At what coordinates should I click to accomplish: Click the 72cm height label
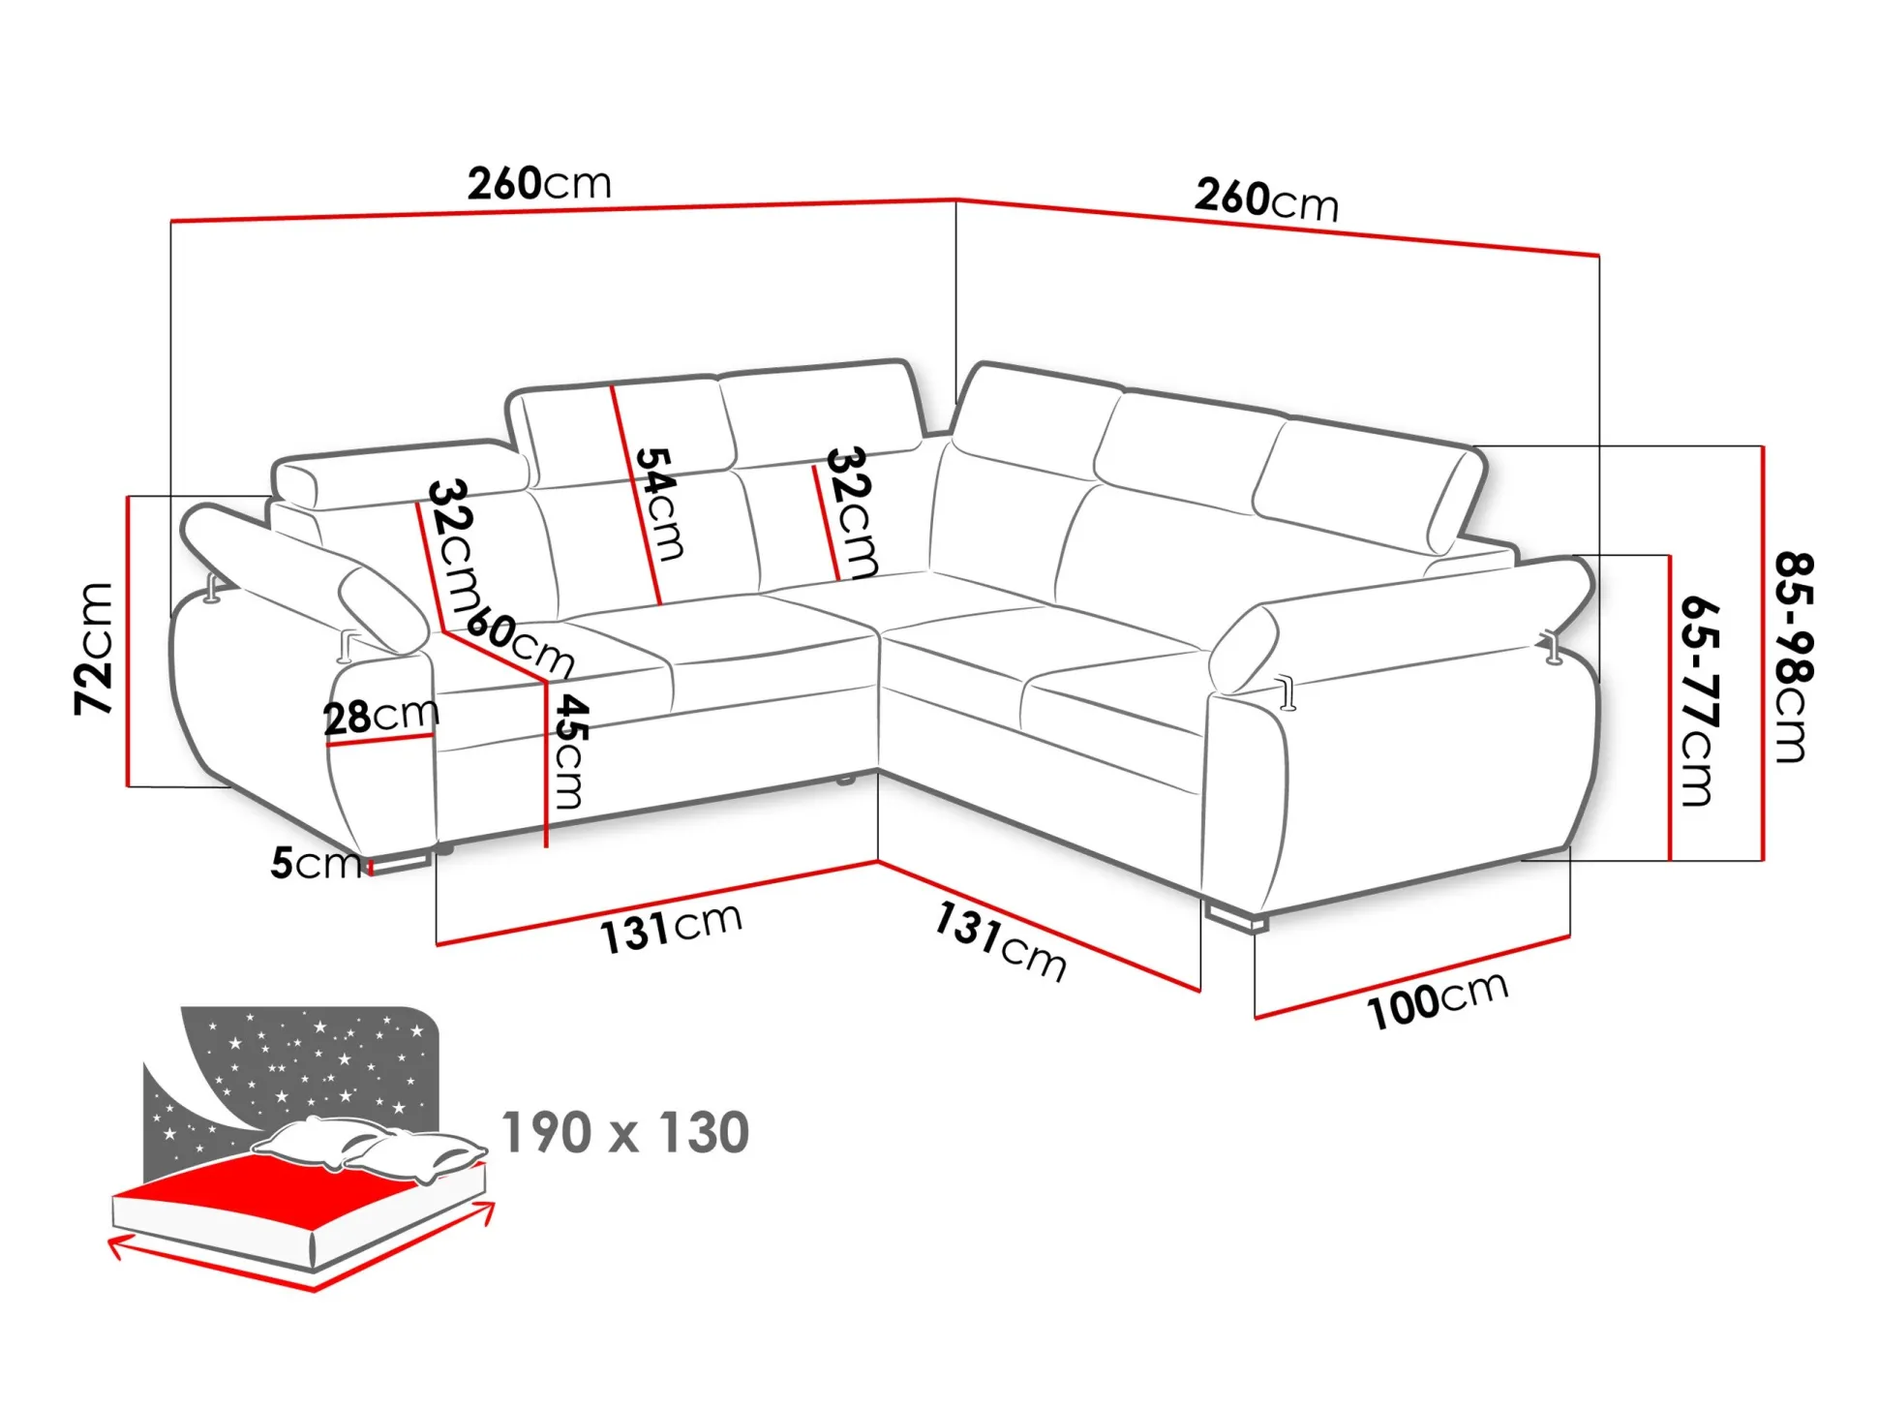pos(94,649)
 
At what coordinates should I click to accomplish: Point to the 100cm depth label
pos(1437,1000)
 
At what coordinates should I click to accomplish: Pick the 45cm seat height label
pos(570,751)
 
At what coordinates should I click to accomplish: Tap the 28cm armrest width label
pos(380,716)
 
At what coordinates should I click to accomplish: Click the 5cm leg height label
pos(314,862)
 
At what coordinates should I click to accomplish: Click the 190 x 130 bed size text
pos(625,1132)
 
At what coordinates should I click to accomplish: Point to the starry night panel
pos(310,1065)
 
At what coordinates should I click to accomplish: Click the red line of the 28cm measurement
pos(379,741)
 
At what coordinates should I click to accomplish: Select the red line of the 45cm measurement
pos(547,765)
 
